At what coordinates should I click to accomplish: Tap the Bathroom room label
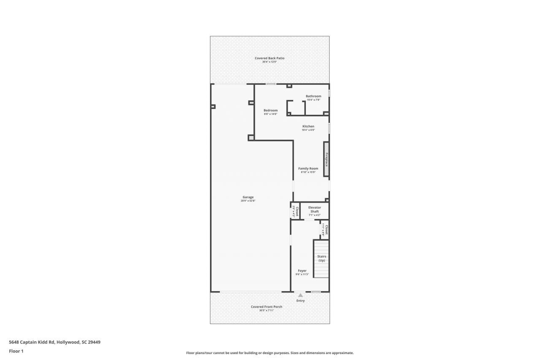[313, 96]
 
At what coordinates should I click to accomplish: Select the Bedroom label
[270, 110]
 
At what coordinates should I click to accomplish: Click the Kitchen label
[308, 126]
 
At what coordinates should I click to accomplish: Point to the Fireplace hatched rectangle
[326, 159]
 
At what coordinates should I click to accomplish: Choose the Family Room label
[308, 168]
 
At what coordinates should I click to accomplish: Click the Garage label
[248, 197]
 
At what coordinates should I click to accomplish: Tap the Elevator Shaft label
[315, 209]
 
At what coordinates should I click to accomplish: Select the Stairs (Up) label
[321, 258]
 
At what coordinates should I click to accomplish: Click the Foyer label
[302, 271]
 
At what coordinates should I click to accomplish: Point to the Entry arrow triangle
[300, 295]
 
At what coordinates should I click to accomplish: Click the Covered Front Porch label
[267, 307]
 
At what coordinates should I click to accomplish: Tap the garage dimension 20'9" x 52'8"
[248, 201]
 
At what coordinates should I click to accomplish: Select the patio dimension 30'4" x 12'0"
[269, 62]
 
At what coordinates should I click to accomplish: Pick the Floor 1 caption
[16, 351]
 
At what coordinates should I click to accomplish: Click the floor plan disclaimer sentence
[270, 353]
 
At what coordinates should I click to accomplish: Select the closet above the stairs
[324, 230]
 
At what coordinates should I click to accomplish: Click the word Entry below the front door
[300, 300]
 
